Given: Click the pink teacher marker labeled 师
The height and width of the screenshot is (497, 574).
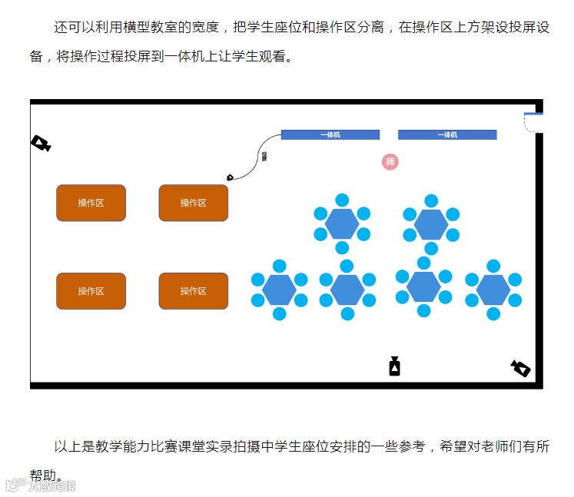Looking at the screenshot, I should (x=390, y=162).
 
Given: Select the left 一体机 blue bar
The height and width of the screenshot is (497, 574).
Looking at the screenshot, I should (x=330, y=135).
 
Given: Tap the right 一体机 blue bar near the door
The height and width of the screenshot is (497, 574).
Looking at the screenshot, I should (x=447, y=135).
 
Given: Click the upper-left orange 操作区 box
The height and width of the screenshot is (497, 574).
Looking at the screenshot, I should (x=91, y=203).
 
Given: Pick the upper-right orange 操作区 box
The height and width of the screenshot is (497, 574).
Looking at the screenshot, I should (x=194, y=203).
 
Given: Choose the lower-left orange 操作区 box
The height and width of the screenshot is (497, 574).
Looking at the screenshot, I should (x=91, y=291).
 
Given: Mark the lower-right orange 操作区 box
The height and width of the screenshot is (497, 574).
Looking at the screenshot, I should (x=194, y=291).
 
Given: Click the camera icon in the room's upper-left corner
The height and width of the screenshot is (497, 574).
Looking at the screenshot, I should (x=41, y=144).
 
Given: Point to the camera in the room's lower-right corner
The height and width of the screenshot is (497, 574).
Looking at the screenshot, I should (x=520, y=369).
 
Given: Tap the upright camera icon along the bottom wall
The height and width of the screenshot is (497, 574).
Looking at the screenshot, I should (x=394, y=366).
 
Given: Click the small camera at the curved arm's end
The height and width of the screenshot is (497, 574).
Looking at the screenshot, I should (x=230, y=177).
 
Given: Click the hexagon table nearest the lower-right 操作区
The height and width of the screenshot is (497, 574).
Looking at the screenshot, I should (x=279, y=290).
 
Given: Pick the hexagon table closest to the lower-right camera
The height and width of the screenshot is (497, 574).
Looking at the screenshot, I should (x=493, y=290).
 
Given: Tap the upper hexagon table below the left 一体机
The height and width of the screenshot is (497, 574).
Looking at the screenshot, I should (x=342, y=224).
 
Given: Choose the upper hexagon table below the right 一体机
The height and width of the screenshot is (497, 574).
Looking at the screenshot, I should (x=431, y=224).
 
